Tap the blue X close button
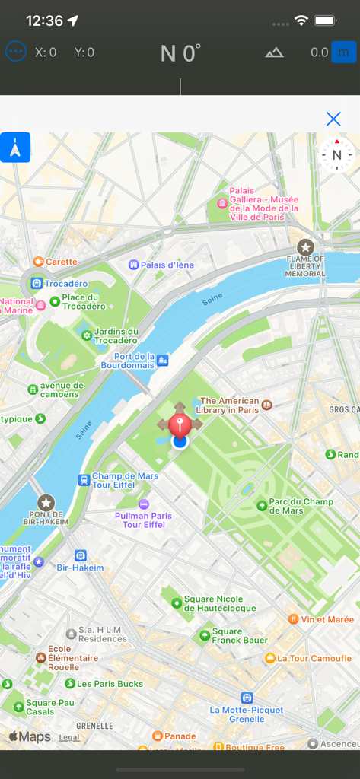tap(333, 119)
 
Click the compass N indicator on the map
tap(336, 155)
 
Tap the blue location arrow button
tap(15, 148)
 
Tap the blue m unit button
tap(344, 52)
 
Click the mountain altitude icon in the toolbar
tap(274, 52)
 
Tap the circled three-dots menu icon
tap(15, 52)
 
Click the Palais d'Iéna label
tap(167, 265)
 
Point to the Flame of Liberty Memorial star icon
tap(305, 247)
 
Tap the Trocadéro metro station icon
tap(36, 284)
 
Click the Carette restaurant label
tap(61, 262)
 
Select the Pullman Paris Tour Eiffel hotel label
tap(143, 520)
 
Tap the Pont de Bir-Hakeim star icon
tap(46, 503)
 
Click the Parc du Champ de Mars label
tap(301, 506)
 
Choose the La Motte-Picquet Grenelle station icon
tap(247, 698)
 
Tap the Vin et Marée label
tap(327, 619)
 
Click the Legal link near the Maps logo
tap(69, 737)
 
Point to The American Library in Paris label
tap(229, 405)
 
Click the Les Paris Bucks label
tap(110, 684)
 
